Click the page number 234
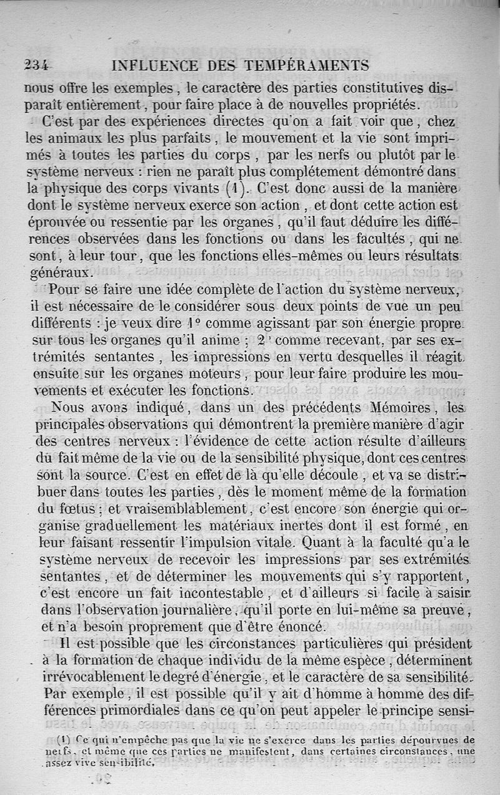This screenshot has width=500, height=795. tap(37, 64)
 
